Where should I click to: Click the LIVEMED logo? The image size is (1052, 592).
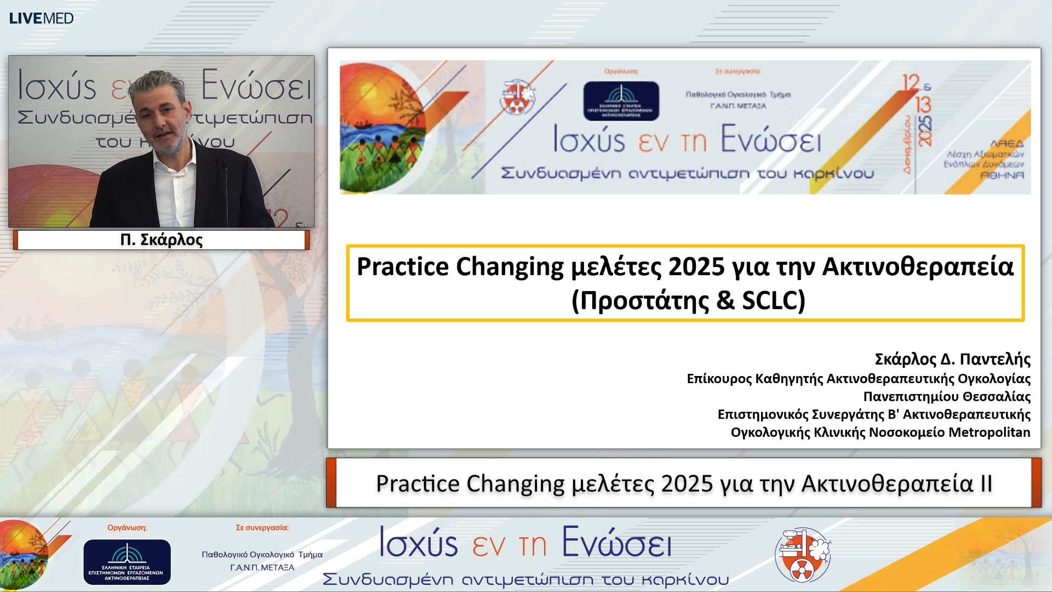41,18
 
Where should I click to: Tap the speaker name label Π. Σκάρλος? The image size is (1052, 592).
161,240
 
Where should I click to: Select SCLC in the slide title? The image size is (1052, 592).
773,300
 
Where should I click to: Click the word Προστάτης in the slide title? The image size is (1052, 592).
644,300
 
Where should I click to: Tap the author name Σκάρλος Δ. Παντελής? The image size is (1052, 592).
952,359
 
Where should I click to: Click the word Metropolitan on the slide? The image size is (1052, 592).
989,432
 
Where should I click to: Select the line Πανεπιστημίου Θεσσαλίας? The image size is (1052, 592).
947,396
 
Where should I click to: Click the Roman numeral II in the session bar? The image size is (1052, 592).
986,483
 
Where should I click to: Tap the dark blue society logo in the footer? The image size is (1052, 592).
127,562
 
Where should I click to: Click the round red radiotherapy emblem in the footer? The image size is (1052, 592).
802,555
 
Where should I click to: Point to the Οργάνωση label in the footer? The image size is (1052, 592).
127,527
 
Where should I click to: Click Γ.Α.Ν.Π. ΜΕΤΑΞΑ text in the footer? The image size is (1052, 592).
262,567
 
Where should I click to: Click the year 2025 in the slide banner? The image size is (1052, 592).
925,130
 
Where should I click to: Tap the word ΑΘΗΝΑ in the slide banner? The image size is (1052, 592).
1002,175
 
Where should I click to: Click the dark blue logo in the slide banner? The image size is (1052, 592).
621,101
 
